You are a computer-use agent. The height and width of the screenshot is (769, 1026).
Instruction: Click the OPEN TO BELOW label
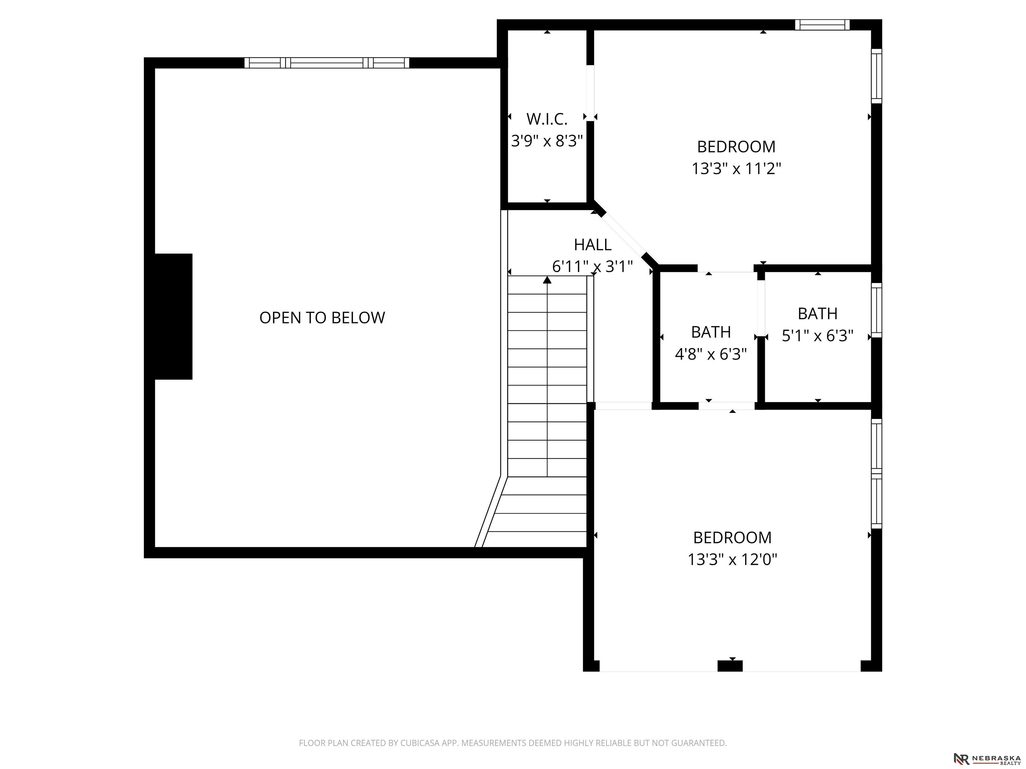coord(322,317)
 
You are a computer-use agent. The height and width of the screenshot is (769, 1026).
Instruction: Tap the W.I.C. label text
coord(547,119)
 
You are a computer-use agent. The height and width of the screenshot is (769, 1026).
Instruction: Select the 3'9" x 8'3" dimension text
coord(547,141)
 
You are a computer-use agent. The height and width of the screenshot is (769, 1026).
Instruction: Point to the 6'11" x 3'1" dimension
coord(592,267)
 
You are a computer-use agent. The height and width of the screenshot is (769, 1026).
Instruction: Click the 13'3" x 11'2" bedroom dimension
coord(736,168)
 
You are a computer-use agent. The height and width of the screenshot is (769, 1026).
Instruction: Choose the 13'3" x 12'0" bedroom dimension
coord(732,559)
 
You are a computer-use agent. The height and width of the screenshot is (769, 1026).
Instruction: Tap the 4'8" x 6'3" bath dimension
coord(711,354)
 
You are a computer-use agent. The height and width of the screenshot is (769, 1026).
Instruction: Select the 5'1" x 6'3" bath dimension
coord(817,335)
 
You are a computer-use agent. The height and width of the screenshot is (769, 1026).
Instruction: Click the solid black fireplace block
coord(173,317)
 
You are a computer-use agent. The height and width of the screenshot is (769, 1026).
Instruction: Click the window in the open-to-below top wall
coord(327,62)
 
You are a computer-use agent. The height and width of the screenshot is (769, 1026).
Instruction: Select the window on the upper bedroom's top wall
coord(822,25)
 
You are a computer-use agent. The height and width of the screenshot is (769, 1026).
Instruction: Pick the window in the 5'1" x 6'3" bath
coord(876,310)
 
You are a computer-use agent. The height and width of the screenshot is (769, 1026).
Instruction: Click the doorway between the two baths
coord(761,308)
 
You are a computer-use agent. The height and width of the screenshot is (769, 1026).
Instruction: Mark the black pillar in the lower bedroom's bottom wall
coord(730,666)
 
